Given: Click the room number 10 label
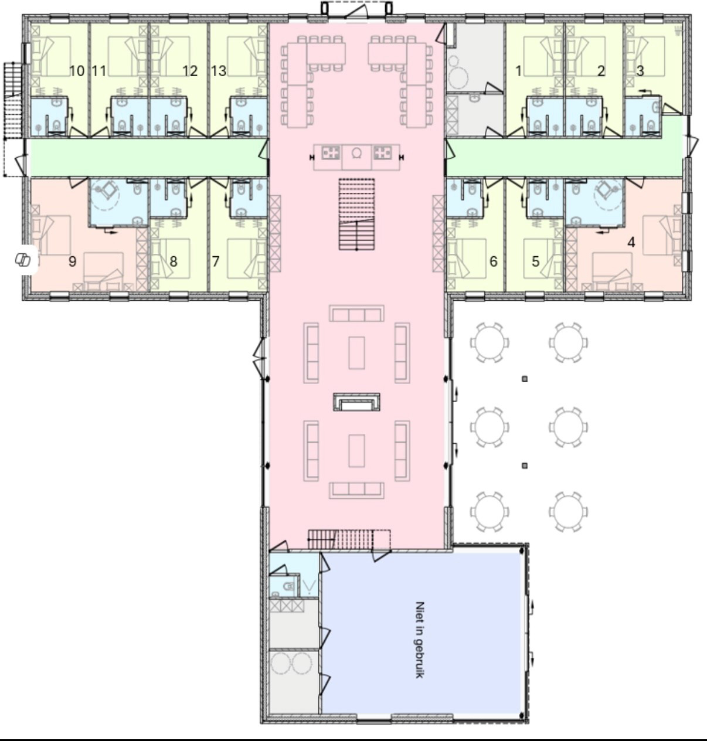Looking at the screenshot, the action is click(x=77, y=71).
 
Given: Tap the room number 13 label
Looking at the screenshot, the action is click(x=219, y=71).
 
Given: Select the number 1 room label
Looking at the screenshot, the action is click(x=518, y=71).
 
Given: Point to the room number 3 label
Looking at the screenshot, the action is click(x=640, y=71).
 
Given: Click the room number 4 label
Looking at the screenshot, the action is click(x=631, y=242).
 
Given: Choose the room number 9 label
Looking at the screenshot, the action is click(x=72, y=261).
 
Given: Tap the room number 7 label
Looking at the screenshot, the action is click(x=216, y=261).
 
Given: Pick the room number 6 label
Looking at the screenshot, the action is click(x=493, y=261).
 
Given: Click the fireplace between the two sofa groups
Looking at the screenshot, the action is click(x=356, y=402).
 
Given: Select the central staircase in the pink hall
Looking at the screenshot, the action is click(x=356, y=214).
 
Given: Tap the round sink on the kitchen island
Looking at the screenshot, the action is click(x=356, y=153).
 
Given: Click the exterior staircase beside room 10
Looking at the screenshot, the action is click(x=13, y=100).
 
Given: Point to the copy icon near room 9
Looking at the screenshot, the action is click(x=23, y=260).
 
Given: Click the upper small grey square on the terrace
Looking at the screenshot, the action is click(x=525, y=379).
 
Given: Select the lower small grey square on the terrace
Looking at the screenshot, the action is click(x=525, y=466).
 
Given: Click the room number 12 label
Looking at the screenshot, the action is click(x=190, y=71).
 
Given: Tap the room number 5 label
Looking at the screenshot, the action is click(x=535, y=261).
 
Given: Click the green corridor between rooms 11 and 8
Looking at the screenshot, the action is click(x=147, y=157).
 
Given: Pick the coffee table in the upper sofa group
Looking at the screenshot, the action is click(x=356, y=353).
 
